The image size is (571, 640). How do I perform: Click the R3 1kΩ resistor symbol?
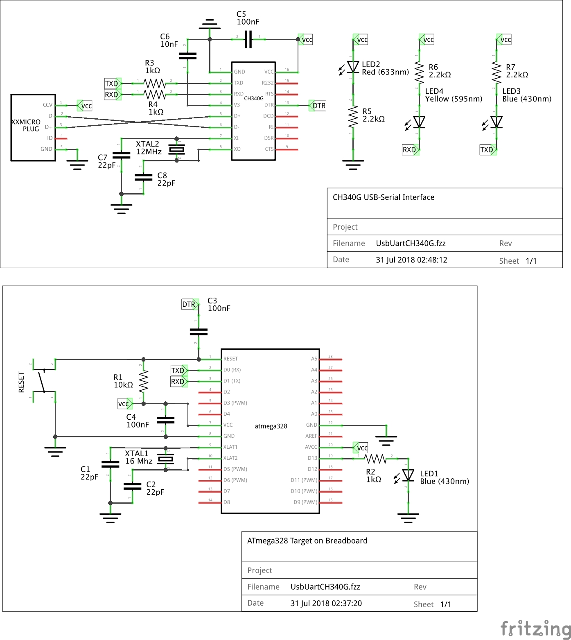[x=155, y=84]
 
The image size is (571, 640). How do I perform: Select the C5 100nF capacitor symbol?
[x=248, y=40]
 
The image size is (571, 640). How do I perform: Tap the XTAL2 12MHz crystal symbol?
[x=177, y=149]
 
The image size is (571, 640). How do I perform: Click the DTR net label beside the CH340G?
[x=318, y=106]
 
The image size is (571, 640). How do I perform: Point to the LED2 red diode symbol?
[x=353, y=67]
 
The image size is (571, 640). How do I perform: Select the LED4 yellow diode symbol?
[x=419, y=122]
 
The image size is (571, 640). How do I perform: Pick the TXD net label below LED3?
[x=487, y=150]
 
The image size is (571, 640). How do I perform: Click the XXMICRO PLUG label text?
[x=26, y=125]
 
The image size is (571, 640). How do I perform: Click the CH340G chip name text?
[x=254, y=98]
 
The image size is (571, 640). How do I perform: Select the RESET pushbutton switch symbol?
[x=43, y=381]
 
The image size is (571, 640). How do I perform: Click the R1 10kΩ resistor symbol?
[x=143, y=381]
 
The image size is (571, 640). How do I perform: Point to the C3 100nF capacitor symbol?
[x=199, y=332]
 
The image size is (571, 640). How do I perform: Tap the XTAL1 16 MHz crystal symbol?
[x=166, y=459]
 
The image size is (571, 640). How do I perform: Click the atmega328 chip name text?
[x=271, y=426]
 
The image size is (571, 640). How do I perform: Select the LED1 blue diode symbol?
[x=408, y=475]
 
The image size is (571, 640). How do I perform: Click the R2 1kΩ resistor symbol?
[x=375, y=459]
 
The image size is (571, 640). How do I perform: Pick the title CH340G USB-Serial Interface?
[x=384, y=197]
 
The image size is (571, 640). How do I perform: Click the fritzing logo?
[x=535, y=629]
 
